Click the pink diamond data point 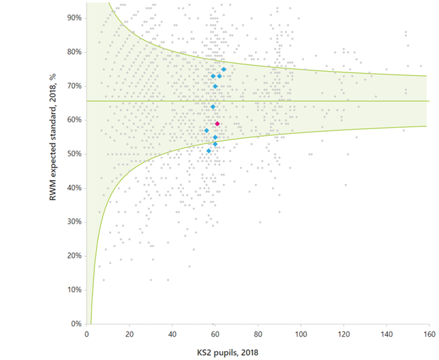click(x=217, y=124)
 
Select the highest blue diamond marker click(x=224, y=69)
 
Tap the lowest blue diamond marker click(x=209, y=151)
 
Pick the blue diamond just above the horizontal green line click(x=212, y=107)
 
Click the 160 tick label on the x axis click(x=429, y=334)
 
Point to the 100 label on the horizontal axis click(x=300, y=334)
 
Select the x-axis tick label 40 click(x=172, y=334)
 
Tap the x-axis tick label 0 click(x=87, y=334)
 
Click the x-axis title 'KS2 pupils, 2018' click(x=257, y=352)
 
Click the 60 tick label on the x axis click(x=215, y=334)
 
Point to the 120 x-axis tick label click(x=344, y=334)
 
